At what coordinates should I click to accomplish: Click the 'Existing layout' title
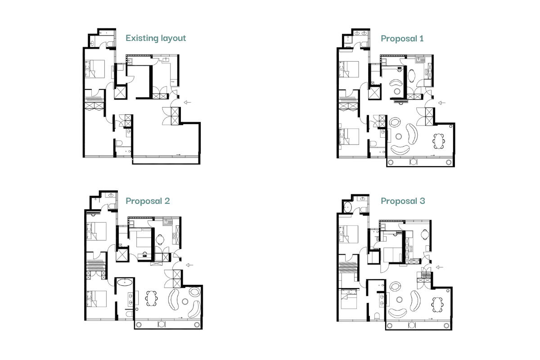[155, 38]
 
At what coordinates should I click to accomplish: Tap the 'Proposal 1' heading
[402, 38]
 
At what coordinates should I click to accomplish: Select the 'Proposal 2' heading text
[148, 201]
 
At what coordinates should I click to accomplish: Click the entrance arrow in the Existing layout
[187, 103]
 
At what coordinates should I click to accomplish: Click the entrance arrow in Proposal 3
[439, 266]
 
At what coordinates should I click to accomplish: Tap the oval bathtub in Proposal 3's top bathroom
[347, 207]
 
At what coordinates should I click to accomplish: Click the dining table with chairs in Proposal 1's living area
[439, 141]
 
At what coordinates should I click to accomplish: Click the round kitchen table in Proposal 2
[160, 239]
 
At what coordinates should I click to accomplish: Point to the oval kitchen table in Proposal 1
[413, 75]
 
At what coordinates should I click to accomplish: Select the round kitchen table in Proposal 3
[424, 233]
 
